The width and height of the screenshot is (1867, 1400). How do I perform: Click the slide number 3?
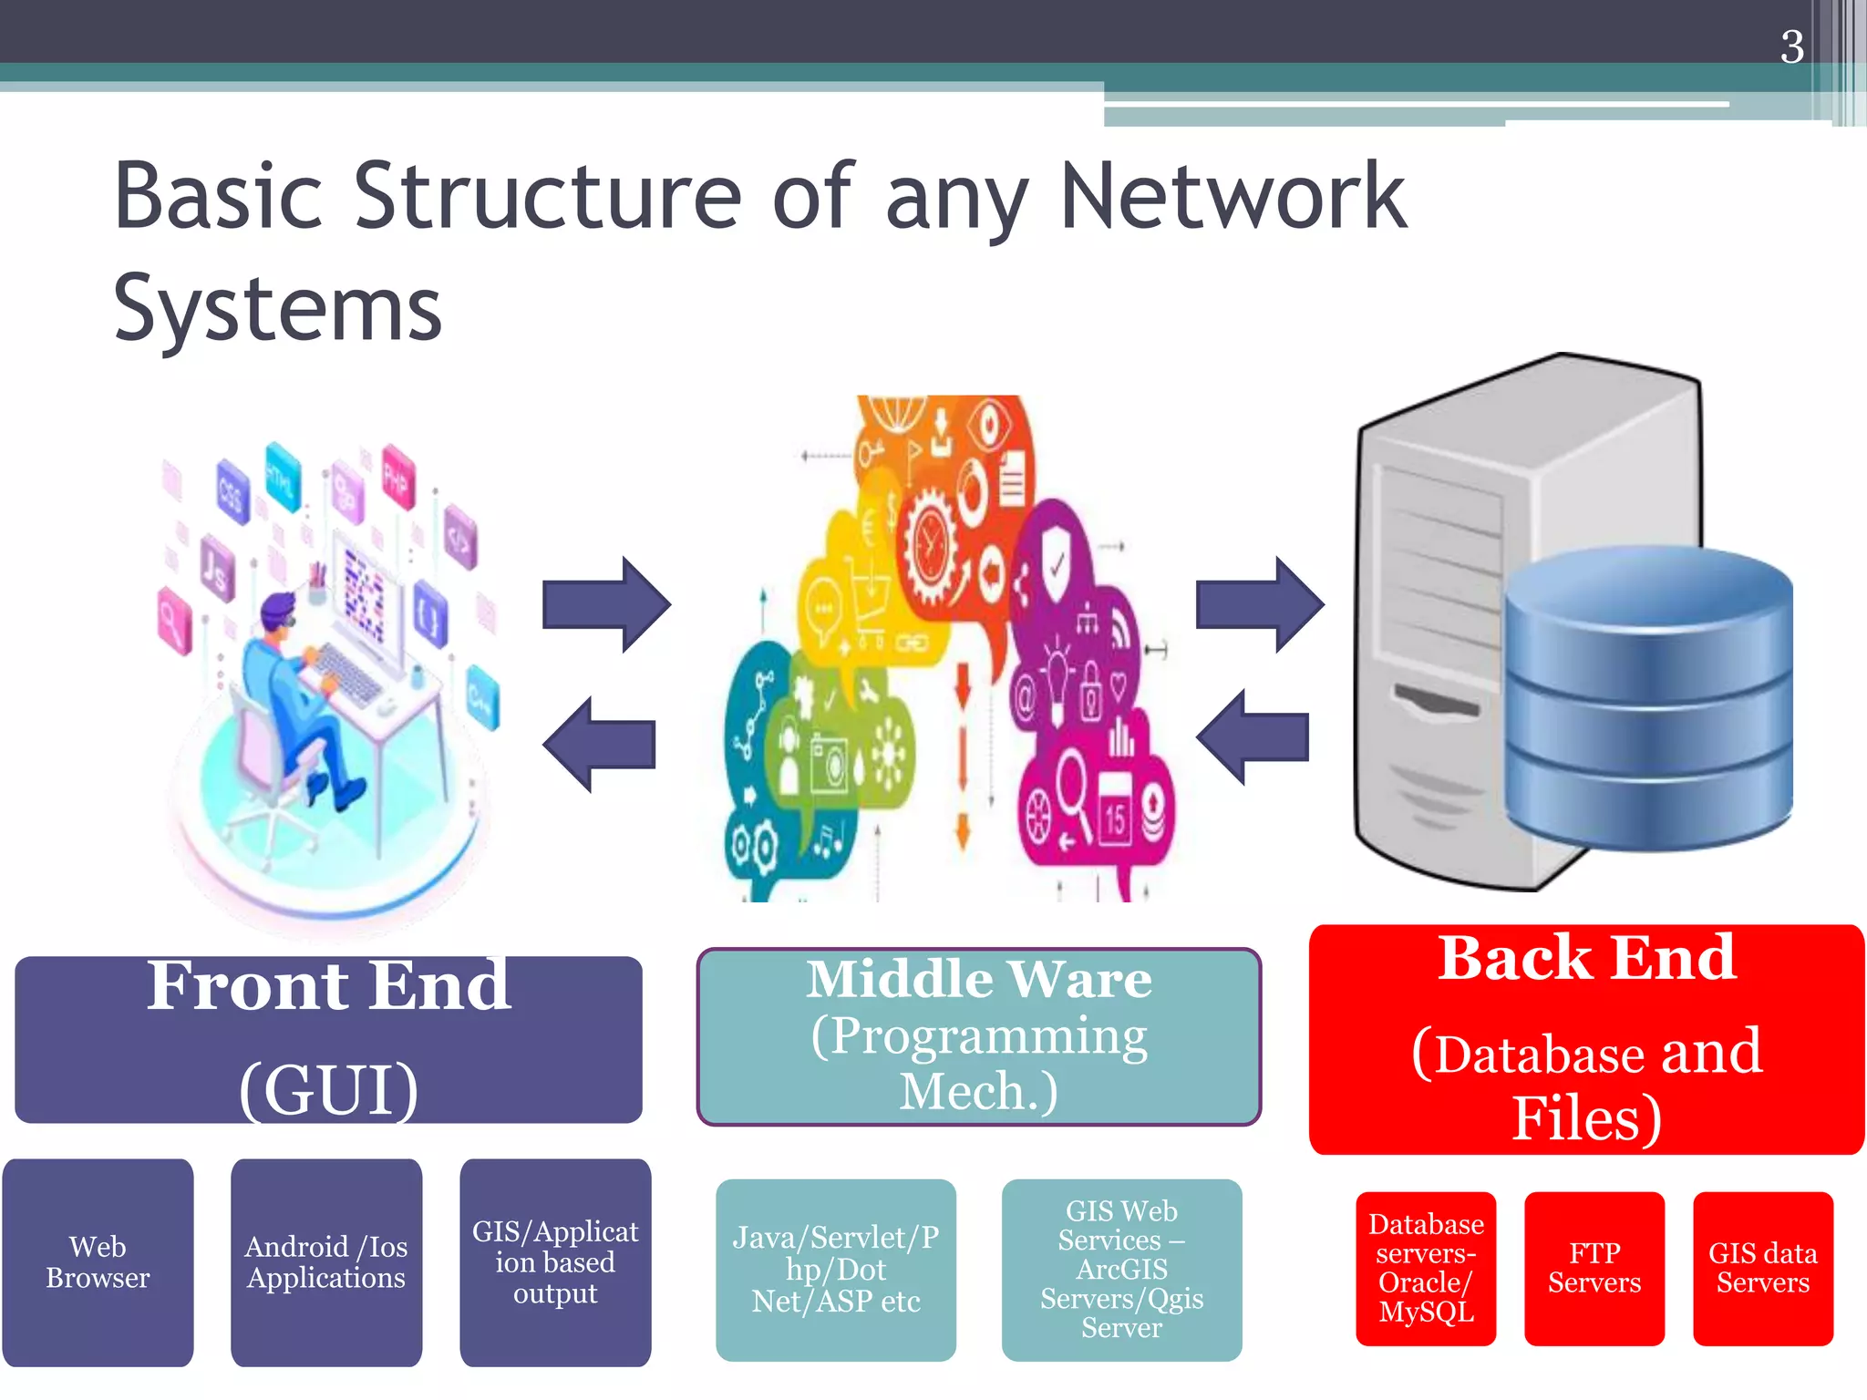coord(1791,46)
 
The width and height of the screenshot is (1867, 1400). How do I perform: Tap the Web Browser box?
coord(98,1262)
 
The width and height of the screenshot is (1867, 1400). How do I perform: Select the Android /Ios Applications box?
coord(326,1262)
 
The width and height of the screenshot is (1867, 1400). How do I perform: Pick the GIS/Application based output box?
coord(555,1262)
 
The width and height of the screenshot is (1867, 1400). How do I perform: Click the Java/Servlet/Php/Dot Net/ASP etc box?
coord(835,1270)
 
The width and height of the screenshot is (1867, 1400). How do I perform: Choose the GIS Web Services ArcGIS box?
coord(1121,1270)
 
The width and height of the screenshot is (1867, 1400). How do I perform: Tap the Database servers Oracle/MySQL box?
coord(1425,1268)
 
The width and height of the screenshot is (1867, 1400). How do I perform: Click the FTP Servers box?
coord(1594,1268)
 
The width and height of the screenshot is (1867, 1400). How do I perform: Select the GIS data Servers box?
coord(1762,1268)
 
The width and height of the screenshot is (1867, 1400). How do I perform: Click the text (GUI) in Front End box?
coord(328,1089)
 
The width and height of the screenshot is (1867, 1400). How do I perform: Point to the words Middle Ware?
coord(978,980)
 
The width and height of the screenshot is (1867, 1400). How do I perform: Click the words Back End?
coord(1586,959)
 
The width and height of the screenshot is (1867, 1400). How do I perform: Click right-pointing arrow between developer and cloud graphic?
coord(606,604)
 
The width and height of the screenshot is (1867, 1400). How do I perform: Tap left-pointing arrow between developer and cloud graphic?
coord(599,744)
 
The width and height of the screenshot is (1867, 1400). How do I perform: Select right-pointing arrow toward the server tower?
coord(1259,604)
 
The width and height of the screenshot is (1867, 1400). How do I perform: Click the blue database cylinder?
coord(1648,702)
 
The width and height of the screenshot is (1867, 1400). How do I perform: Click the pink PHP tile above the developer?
coord(397,477)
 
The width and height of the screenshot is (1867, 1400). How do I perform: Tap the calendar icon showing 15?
coord(1116,811)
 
